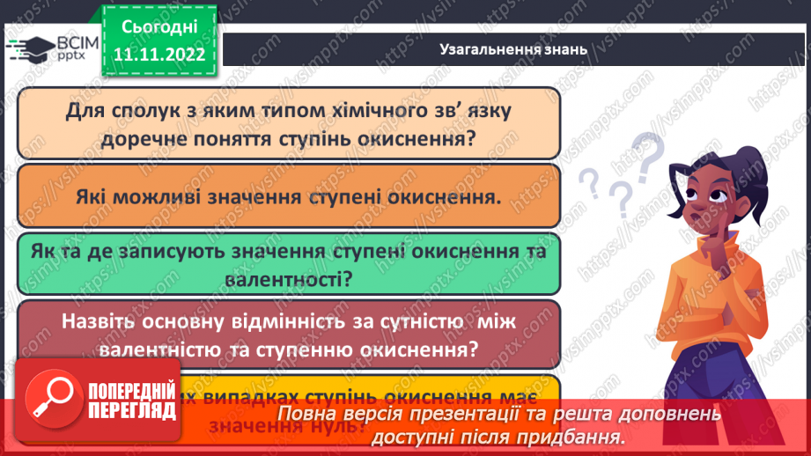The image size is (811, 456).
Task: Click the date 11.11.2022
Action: point(159,54)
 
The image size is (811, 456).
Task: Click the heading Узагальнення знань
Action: point(512,49)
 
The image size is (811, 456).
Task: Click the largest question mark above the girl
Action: point(647,155)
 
